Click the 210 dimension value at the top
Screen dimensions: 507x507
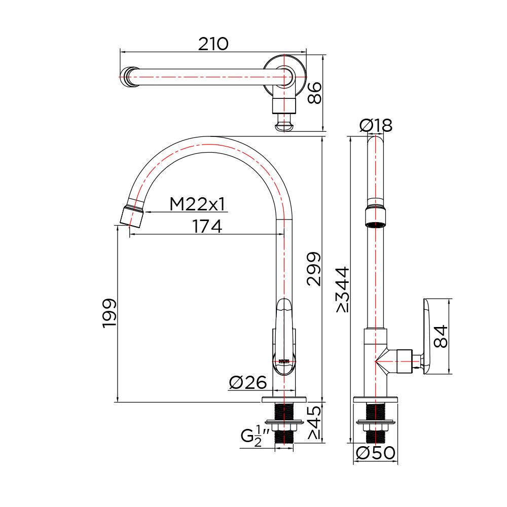point(213,44)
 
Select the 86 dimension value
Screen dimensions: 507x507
point(315,93)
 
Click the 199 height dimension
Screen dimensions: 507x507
point(110,313)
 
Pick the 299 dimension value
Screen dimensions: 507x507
point(314,269)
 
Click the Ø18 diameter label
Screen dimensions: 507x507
point(376,125)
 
